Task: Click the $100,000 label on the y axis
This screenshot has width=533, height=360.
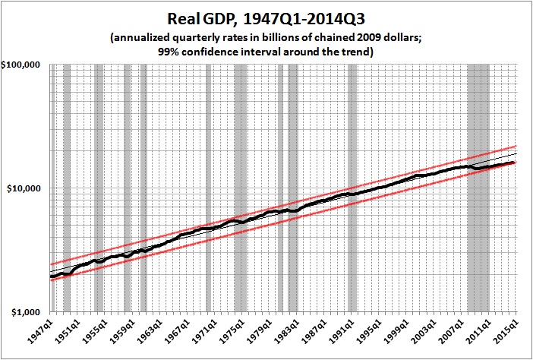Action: tap(24, 65)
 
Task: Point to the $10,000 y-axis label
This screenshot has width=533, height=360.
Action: tap(27, 188)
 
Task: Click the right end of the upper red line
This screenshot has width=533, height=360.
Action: tap(516, 146)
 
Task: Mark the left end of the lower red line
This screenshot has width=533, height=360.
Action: tap(51, 279)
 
